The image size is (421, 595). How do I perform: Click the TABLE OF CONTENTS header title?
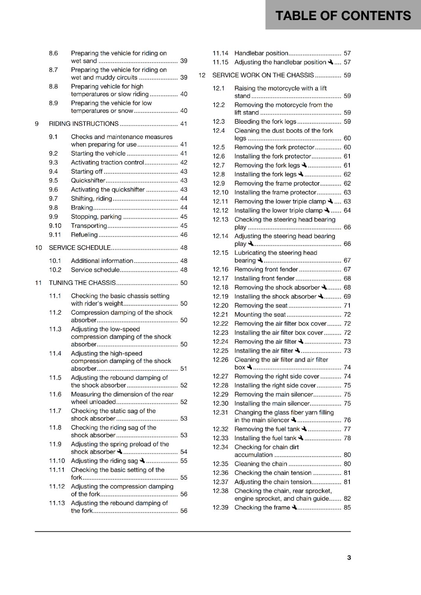343,16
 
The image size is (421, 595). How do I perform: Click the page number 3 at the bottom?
349,557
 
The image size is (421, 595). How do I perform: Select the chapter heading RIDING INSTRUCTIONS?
84,124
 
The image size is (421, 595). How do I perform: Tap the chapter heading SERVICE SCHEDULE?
80,248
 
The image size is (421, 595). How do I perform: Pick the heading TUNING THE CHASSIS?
82,283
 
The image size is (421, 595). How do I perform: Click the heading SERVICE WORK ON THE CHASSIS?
263,75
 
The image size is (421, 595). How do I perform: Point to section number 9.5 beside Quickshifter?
53,181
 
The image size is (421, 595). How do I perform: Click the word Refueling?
84,235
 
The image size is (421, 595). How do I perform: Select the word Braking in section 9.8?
82,208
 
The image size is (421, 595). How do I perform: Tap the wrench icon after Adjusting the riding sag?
142,461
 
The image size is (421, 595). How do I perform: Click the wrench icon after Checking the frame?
294,507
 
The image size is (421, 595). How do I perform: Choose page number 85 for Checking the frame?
347,508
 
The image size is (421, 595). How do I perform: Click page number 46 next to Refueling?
184,235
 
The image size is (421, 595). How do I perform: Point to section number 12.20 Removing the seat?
220,306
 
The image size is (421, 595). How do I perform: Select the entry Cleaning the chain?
261,464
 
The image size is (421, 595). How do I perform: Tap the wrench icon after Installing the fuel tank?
301,438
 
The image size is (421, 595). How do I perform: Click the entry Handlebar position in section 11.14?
261,54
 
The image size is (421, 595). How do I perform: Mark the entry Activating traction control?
107,163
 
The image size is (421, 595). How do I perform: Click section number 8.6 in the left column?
53,54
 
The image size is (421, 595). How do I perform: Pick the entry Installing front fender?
265,279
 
